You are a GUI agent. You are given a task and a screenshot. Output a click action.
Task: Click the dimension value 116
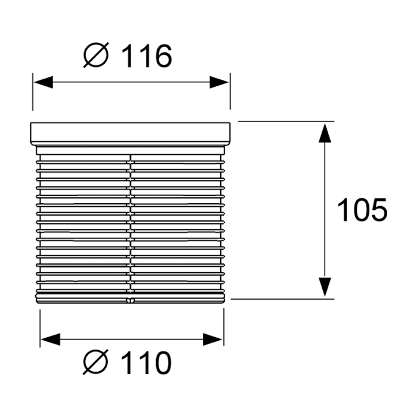tap(147, 57)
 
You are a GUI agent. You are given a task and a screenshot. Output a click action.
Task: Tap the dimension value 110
tap(147, 362)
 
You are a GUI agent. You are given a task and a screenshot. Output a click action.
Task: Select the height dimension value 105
tap(362, 210)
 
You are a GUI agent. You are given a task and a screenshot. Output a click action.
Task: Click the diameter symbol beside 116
tap(96, 55)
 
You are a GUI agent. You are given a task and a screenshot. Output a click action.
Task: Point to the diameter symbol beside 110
tap(96, 362)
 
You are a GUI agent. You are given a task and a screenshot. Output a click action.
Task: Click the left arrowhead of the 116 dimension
tap(43, 82)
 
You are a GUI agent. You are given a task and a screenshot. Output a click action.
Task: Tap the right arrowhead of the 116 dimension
tap(219, 82)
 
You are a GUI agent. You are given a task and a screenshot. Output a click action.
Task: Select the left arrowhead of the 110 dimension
tap(50, 340)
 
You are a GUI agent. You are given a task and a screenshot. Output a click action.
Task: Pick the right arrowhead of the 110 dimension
tap(213, 340)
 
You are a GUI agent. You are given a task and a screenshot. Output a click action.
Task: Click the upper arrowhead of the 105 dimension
tap(325, 132)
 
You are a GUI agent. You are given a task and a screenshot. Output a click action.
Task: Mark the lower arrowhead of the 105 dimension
tap(325, 287)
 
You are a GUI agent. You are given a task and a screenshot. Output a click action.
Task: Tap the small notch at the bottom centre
tap(130, 300)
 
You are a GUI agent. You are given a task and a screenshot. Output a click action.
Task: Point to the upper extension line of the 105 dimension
tap(286, 122)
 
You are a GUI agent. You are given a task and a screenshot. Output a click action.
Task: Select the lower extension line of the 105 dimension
tap(282, 299)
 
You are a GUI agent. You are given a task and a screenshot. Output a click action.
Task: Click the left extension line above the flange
tap(33, 92)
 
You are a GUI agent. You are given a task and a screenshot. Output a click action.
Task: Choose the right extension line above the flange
tap(230, 91)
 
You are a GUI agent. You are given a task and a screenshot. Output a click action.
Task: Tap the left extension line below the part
tap(40, 328)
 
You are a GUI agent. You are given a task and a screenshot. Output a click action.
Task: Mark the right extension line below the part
tap(223, 327)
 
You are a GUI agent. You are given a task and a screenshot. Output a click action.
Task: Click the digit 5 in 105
tap(379, 210)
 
